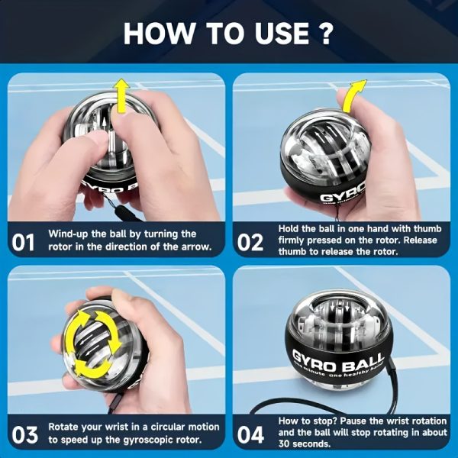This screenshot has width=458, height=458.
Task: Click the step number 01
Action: pos(24,243)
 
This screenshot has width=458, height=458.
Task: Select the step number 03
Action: pos(24,435)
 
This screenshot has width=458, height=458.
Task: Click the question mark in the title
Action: pos(324,33)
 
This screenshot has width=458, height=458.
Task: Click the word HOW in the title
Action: pos(157,33)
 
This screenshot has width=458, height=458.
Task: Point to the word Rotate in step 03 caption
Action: pos(65,427)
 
